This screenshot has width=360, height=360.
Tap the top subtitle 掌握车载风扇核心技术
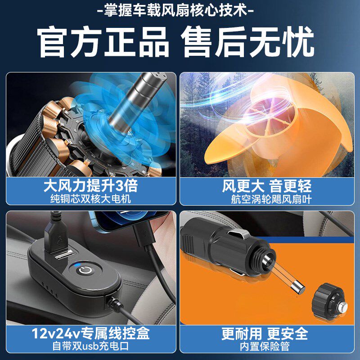point(180,10)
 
